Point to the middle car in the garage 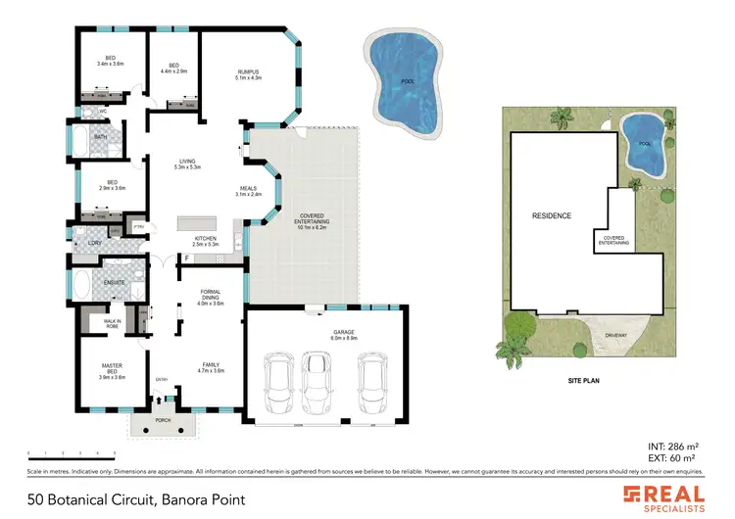(x=316, y=383)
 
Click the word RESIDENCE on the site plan (x=552, y=215)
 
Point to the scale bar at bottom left (x=73, y=453)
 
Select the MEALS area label (x=248, y=191)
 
